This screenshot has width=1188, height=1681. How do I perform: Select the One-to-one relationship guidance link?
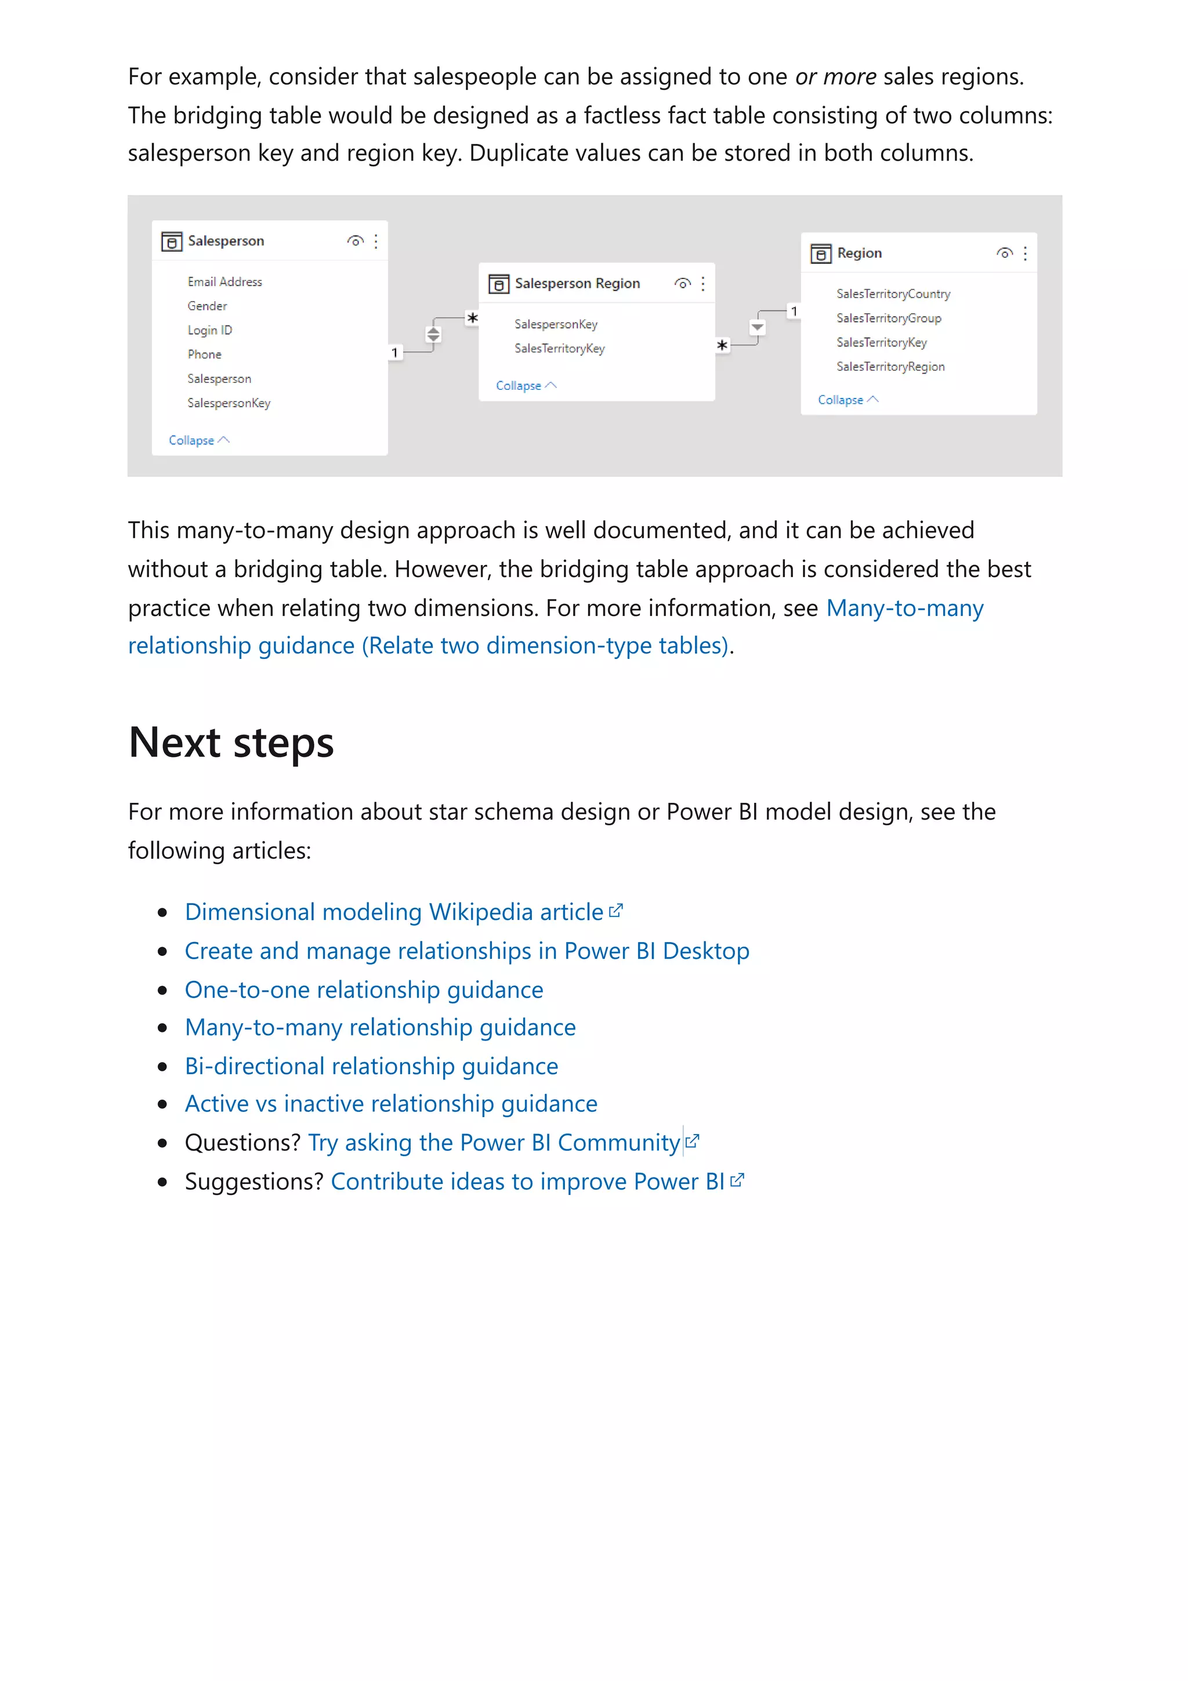click(364, 989)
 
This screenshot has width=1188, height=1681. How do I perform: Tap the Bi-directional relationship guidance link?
click(371, 1066)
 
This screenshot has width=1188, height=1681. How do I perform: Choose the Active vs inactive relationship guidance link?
click(391, 1103)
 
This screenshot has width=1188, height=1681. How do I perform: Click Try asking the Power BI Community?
click(494, 1142)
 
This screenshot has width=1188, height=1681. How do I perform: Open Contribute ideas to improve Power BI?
click(527, 1181)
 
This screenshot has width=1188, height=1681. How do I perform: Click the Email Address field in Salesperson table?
click(224, 282)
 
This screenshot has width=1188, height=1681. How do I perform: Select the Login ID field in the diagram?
click(209, 330)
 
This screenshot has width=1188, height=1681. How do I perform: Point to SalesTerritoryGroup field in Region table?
click(889, 318)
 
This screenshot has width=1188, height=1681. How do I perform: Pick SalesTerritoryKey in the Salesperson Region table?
click(559, 349)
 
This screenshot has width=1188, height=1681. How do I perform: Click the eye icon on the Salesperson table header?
click(356, 241)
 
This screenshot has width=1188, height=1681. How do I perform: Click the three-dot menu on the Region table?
click(1025, 253)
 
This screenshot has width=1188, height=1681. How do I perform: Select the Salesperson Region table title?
click(577, 283)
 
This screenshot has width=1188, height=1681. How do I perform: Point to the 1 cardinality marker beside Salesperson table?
click(394, 353)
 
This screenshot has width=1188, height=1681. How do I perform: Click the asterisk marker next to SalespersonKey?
click(473, 318)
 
